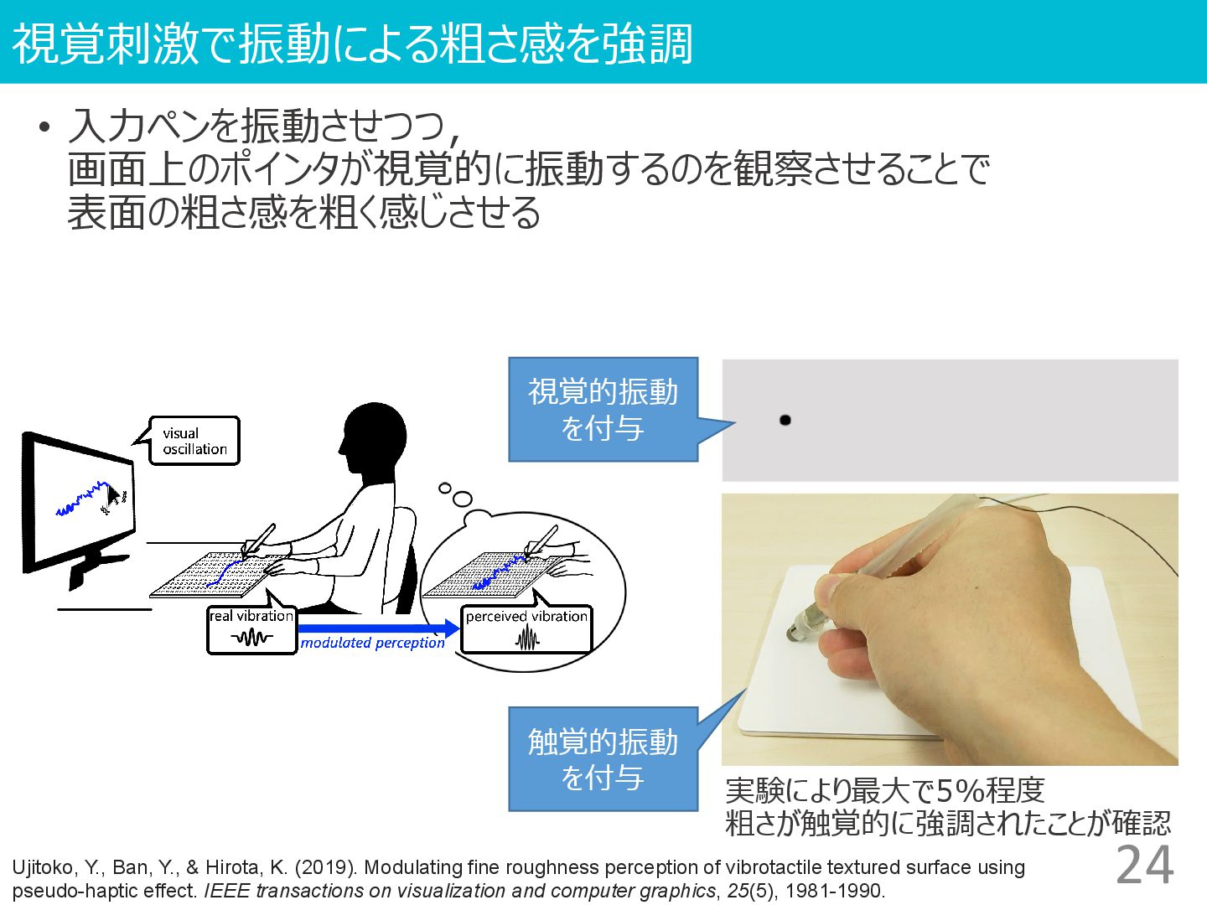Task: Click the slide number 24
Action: point(1145,865)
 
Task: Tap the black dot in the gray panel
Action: point(785,421)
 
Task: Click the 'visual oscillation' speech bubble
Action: point(194,441)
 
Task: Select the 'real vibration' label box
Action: point(251,629)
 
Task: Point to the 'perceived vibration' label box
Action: point(526,629)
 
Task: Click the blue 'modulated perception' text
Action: point(372,643)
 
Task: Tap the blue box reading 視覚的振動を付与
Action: point(603,410)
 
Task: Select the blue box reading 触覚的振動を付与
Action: point(603,759)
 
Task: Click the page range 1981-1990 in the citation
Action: point(834,891)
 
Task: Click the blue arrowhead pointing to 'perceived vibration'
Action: point(452,628)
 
